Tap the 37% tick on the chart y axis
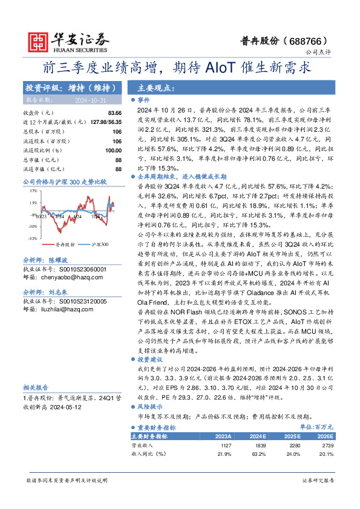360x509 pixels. (33, 190)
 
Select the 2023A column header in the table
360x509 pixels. (223, 436)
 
